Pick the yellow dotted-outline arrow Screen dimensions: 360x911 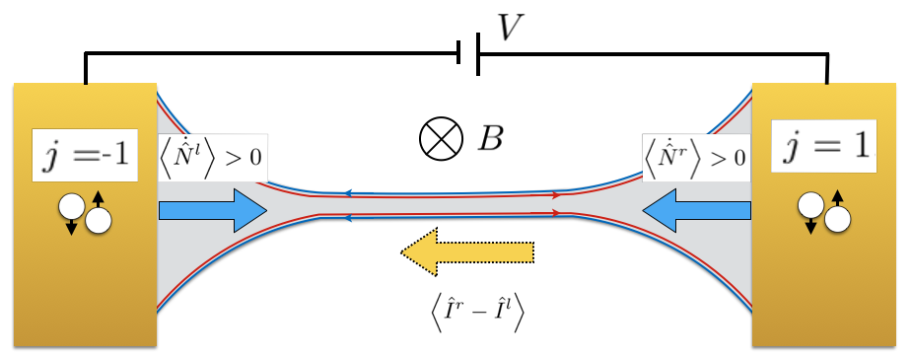[465, 254]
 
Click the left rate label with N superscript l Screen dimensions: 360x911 [212, 155]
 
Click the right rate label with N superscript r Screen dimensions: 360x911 [695, 155]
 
